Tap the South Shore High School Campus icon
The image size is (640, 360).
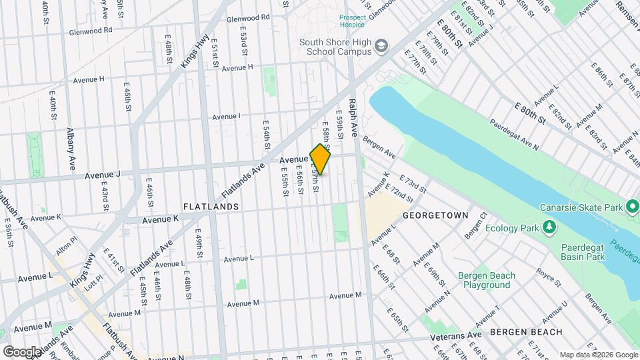point(381,46)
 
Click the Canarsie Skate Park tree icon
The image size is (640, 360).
point(631,207)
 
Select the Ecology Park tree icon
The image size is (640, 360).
point(549,229)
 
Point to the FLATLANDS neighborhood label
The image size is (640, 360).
point(211,207)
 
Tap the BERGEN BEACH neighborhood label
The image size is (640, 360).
point(526,331)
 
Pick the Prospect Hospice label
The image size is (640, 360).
point(352,21)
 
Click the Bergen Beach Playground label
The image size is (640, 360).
point(486,280)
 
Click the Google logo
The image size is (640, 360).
point(21,351)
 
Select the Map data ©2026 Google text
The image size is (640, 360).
point(599,355)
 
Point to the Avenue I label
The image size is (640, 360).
point(226,116)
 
